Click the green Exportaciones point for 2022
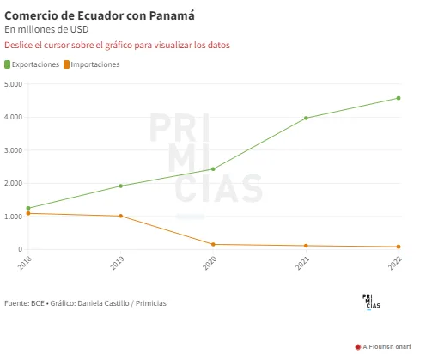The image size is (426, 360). click(399, 98)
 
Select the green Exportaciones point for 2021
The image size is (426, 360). click(306, 118)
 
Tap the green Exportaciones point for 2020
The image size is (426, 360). click(213, 169)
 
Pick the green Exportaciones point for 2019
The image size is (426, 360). click(120, 186)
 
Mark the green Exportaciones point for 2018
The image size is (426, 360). click(28, 208)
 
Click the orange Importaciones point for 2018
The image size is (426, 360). click(28, 213)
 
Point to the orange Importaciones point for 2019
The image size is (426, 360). click(120, 216)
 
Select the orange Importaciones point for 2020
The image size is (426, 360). click(213, 244)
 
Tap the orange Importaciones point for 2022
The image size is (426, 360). click(399, 247)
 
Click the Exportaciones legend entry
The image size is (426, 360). click(32, 64)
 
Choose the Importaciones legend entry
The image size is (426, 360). click(92, 64)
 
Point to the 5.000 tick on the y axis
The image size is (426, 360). click(13, 84)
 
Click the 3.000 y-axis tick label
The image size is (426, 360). click(13, 150)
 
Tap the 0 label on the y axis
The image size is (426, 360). click(20, 249)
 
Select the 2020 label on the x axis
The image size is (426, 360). click(210, 263)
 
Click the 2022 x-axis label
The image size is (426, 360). click(395, 263)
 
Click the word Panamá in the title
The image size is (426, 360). click(172, 15)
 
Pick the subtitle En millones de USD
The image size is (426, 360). click(46, 29)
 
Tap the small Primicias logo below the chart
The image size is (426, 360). click(371, 302)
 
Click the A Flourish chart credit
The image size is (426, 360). click(383, 347)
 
